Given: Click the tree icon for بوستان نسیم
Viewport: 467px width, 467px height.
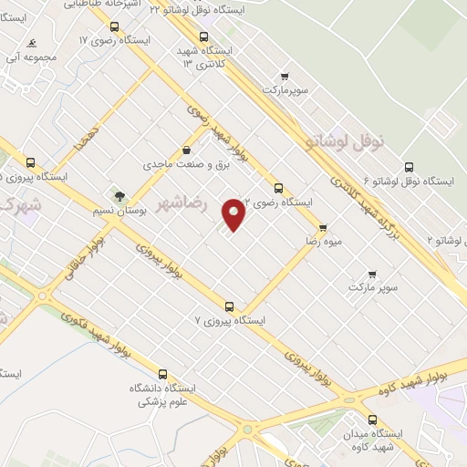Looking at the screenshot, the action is (119, 195).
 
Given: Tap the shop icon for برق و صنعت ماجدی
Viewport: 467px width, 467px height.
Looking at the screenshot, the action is (186, 150).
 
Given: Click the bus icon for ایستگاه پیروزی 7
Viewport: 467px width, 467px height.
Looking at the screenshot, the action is (228, 306).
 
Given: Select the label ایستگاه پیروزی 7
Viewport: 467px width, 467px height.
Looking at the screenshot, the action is (230, 321).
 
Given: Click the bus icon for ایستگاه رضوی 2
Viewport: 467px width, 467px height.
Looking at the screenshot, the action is (278, 188).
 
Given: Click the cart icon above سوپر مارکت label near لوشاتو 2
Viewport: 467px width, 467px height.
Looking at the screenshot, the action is (372, 274).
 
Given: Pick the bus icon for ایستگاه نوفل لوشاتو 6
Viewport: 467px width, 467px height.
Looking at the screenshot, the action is (408, 168).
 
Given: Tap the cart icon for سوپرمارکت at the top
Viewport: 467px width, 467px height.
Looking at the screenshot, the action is (285, 76).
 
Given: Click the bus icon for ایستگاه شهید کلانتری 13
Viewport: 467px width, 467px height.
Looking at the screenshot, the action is (203, 37).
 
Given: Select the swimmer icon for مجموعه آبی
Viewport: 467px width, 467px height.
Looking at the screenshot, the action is (32, 43).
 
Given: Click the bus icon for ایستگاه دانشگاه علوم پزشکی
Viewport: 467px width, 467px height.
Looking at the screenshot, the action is (162, 374).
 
